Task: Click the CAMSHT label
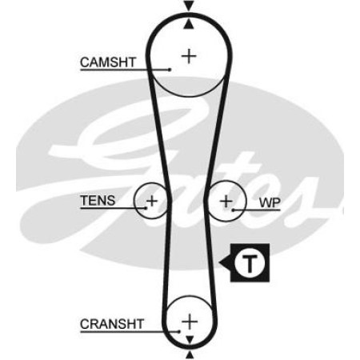[108, 62]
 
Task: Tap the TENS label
[98, 201]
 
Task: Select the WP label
[270, 203]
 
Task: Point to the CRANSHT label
[112, 324]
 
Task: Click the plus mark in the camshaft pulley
[189, 56]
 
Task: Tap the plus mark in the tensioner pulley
[152, 201]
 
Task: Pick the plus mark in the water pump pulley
[226, 202]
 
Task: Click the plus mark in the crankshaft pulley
[190, 322]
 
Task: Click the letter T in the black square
[250, 262]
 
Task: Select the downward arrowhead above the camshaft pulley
[189, 6]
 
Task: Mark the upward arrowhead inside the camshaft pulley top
[189, 24]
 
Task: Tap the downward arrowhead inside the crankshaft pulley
[190, 340]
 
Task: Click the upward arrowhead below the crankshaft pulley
[190, 355]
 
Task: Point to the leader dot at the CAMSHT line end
[170, 70]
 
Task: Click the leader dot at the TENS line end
[146, 208]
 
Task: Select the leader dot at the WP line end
[233, 210]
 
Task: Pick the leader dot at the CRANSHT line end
[179, 331]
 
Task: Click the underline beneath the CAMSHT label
[125, 70]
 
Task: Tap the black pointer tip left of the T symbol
[219, 262]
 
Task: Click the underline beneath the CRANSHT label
[130, 332]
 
